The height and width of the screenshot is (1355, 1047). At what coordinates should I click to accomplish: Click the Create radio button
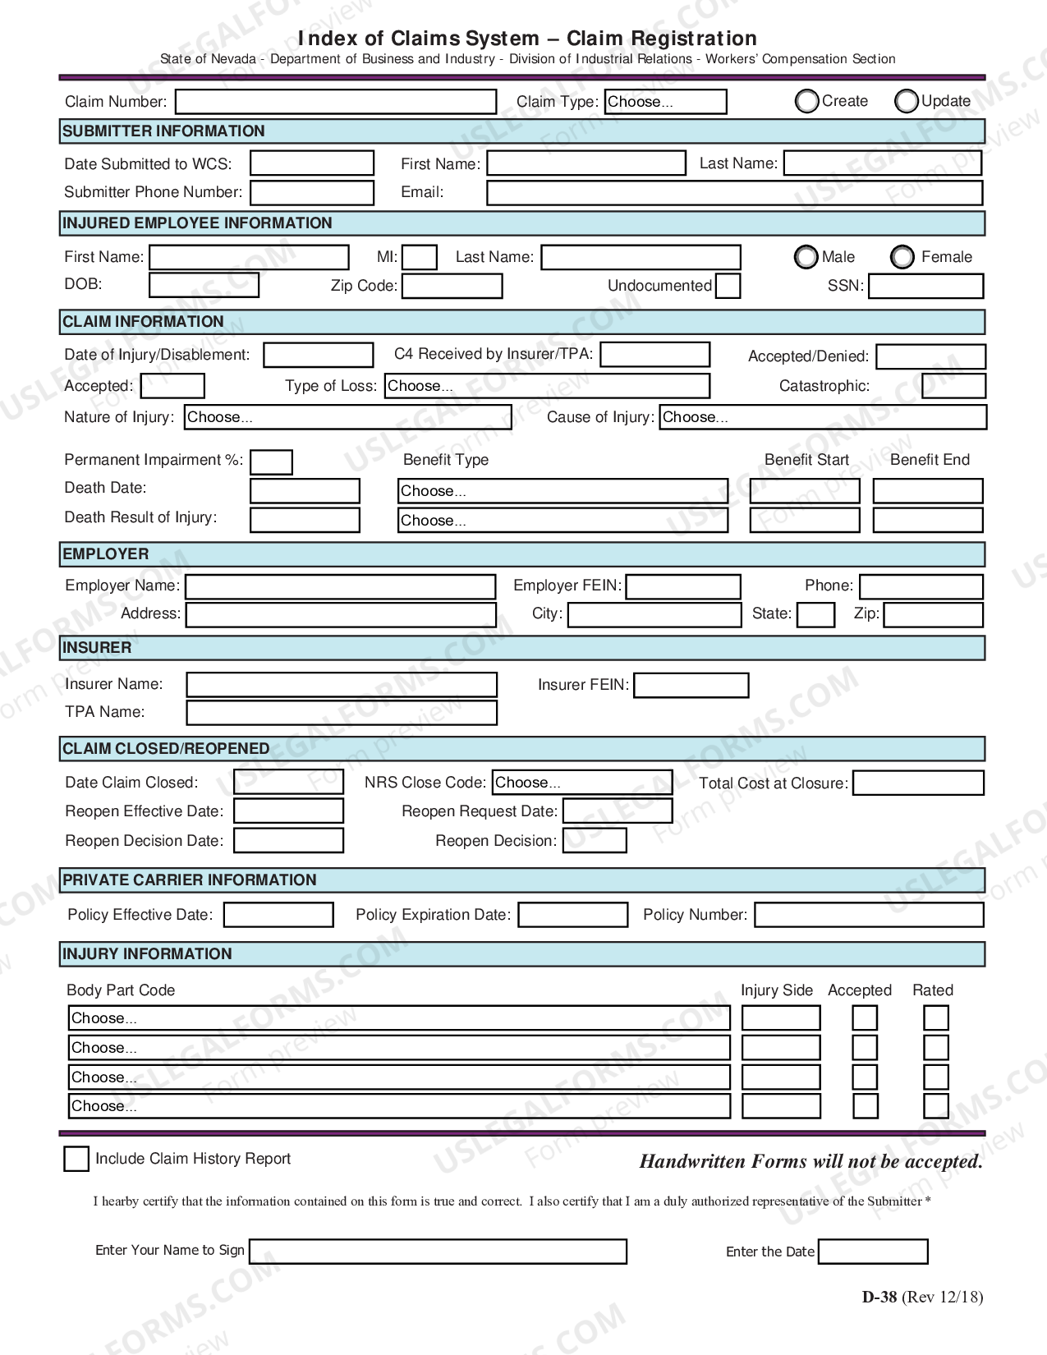tap(807, 101)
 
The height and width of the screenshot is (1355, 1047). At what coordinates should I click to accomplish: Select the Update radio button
tap(907, 101)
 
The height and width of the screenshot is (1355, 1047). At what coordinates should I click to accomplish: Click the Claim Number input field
tap(336, 102)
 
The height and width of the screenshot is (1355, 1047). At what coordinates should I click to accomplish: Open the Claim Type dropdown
tap(665, 102)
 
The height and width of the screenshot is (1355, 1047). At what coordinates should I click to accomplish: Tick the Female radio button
tap(902, 257)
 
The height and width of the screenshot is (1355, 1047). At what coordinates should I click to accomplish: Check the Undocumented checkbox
tap(728, 286)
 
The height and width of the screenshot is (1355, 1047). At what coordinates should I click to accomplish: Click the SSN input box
tap(925, 286)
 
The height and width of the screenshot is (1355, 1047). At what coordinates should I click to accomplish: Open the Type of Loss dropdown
tap(547, 386)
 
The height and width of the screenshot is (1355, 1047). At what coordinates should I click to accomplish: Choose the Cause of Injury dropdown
tap(822, 417)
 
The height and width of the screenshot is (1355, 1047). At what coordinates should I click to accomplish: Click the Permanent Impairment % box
tap(271, 462)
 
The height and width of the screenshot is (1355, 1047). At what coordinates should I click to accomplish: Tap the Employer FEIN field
tap(683, 586)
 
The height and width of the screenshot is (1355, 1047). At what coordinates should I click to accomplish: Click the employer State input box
tap(815, 614)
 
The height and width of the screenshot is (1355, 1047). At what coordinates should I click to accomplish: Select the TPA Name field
tap(342, 712)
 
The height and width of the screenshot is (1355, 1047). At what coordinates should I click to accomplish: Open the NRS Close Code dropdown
tap(582, 783)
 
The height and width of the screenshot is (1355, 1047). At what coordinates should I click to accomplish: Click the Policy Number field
tap(869, 915)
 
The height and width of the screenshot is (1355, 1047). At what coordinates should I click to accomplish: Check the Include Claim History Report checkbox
tap(76, 1159)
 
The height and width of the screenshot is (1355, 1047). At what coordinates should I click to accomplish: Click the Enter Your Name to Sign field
tap(438, 1252)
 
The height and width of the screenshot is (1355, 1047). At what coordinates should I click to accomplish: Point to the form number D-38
tap(879, 1298)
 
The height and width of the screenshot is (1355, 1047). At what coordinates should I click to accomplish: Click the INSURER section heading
tap(97, 648)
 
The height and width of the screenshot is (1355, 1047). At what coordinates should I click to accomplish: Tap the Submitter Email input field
tap(734, 193)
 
